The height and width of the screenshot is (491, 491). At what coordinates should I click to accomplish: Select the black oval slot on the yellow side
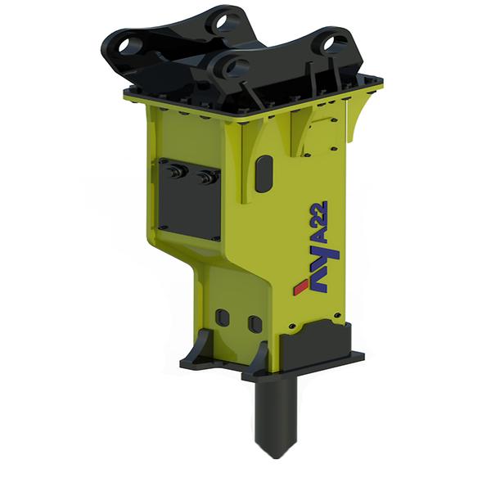(263, 174)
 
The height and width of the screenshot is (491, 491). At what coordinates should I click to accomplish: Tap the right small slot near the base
(255, 324)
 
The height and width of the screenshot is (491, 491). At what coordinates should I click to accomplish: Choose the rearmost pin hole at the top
(222, 20)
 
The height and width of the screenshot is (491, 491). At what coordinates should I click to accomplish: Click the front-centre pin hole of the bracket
(235, 68)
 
